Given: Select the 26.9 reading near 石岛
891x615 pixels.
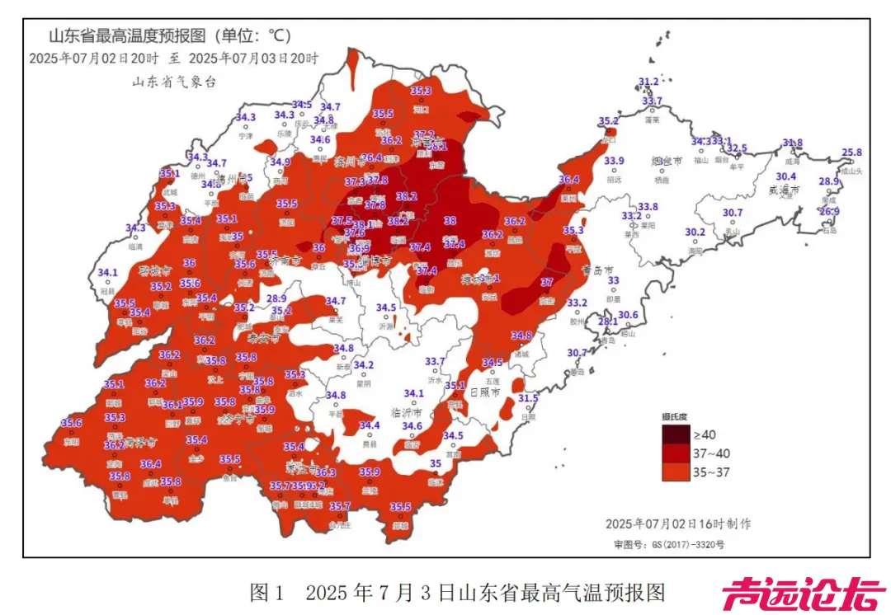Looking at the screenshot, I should tap(829, 212).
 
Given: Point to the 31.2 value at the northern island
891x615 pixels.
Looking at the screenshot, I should tap(648, 82).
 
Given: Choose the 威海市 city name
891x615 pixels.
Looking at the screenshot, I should tap(785, 190).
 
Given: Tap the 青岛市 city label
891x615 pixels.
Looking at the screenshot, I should tap(598, 270).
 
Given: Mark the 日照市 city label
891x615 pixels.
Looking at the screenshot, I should tap(484, 393).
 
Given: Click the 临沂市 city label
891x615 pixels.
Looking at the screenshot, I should tap(406, 411).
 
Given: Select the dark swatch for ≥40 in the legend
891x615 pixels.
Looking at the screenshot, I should tap(673, 434).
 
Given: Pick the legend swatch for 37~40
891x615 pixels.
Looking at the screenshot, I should tap(673, 453).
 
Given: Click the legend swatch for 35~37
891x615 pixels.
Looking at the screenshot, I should tap(673, 472).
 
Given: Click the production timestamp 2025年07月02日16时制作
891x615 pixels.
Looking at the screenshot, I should tap(678, 523).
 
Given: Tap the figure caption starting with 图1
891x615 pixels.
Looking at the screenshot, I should tap(457, 592).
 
